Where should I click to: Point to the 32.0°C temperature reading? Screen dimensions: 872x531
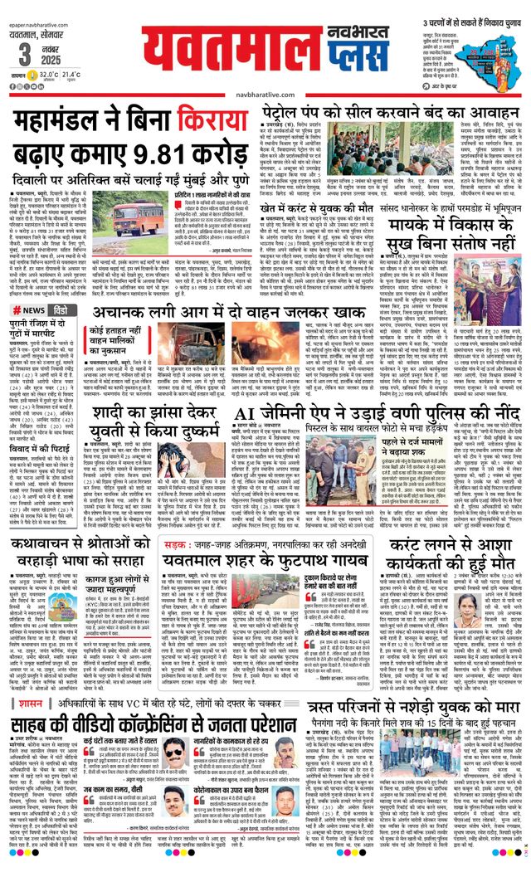point(51,75)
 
